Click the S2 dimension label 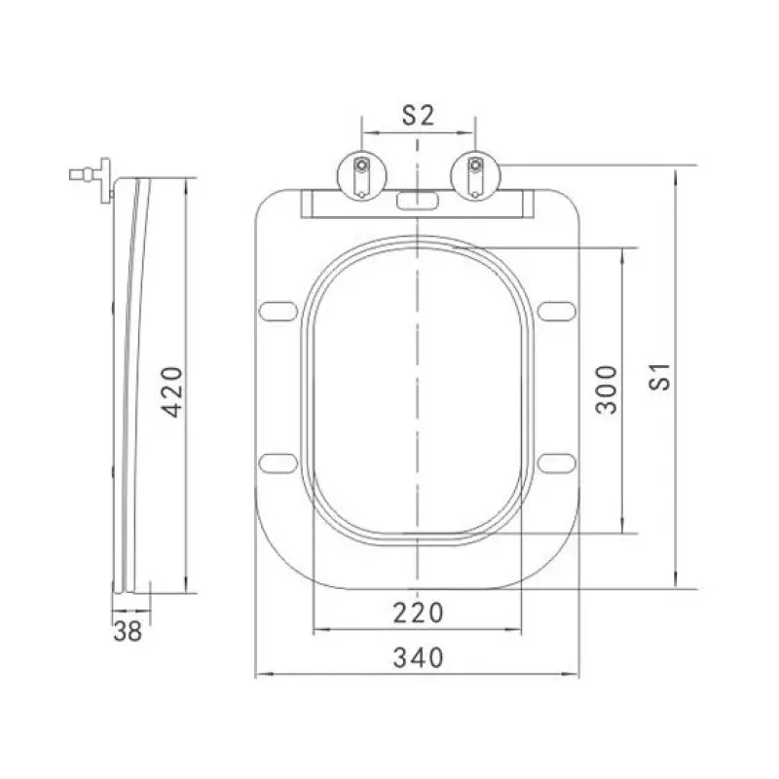[x=418, y=115]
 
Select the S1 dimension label [x=661, y=377]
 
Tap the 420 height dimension [x=173, y=392]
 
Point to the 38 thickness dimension [x=128, y=631]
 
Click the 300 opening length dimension [x=607, y=389]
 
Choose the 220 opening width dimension [x=418, y=613]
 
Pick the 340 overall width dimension [x=418, y=658]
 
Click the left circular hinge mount [x=362, y=175]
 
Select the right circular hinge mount [x=475, y=175]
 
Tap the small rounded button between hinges [x=418, y=201]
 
